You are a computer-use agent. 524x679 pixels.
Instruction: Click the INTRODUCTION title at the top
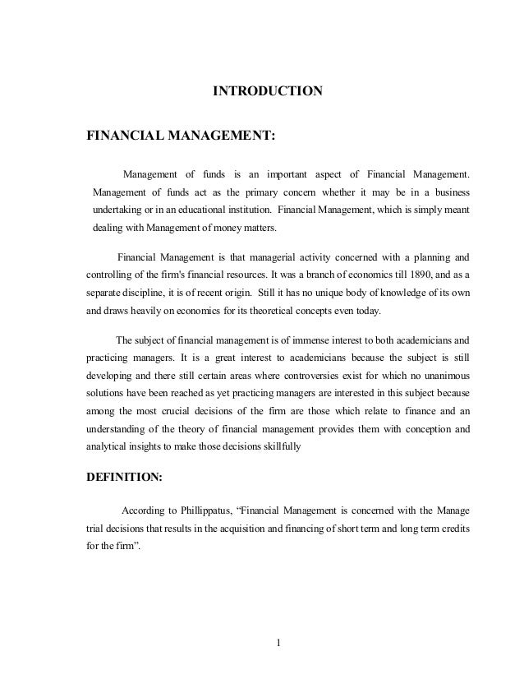click(268, 90)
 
